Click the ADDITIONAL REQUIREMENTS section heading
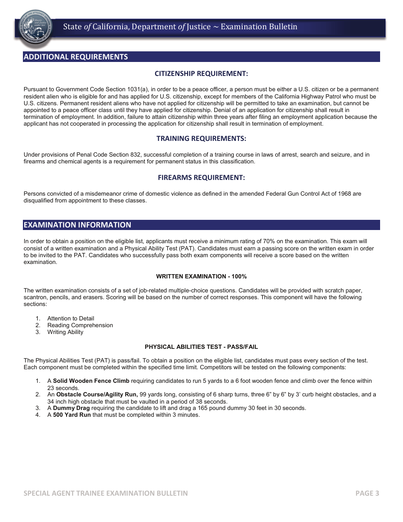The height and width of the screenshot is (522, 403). click(76, 57)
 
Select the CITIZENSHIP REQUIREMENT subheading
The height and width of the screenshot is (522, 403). click(201, 74)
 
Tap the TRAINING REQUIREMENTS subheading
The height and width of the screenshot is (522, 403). click(201, 139)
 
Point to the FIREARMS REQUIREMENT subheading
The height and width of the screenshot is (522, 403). click(201, 178)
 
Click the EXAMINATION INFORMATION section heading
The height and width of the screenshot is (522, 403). click(77, 225)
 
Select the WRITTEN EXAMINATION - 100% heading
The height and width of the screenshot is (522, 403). click(201, 276)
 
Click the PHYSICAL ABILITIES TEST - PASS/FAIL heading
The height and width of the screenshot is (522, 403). click(201, 347)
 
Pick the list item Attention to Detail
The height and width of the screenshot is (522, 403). click(70, 319)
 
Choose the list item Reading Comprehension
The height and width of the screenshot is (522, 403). click(80, 326)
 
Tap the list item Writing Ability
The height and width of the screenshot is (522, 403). click(65, 332)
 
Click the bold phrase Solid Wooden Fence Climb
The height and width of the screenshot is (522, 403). click(91, 381)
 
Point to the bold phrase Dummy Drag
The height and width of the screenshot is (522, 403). click(71, 408)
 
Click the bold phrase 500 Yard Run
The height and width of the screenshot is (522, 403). click(72, 415)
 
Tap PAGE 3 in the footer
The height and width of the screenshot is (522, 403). click(367, 493)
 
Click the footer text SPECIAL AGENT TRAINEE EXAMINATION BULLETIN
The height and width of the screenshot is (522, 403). click(106, 493)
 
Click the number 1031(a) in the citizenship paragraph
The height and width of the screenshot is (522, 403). click(138, 90)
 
